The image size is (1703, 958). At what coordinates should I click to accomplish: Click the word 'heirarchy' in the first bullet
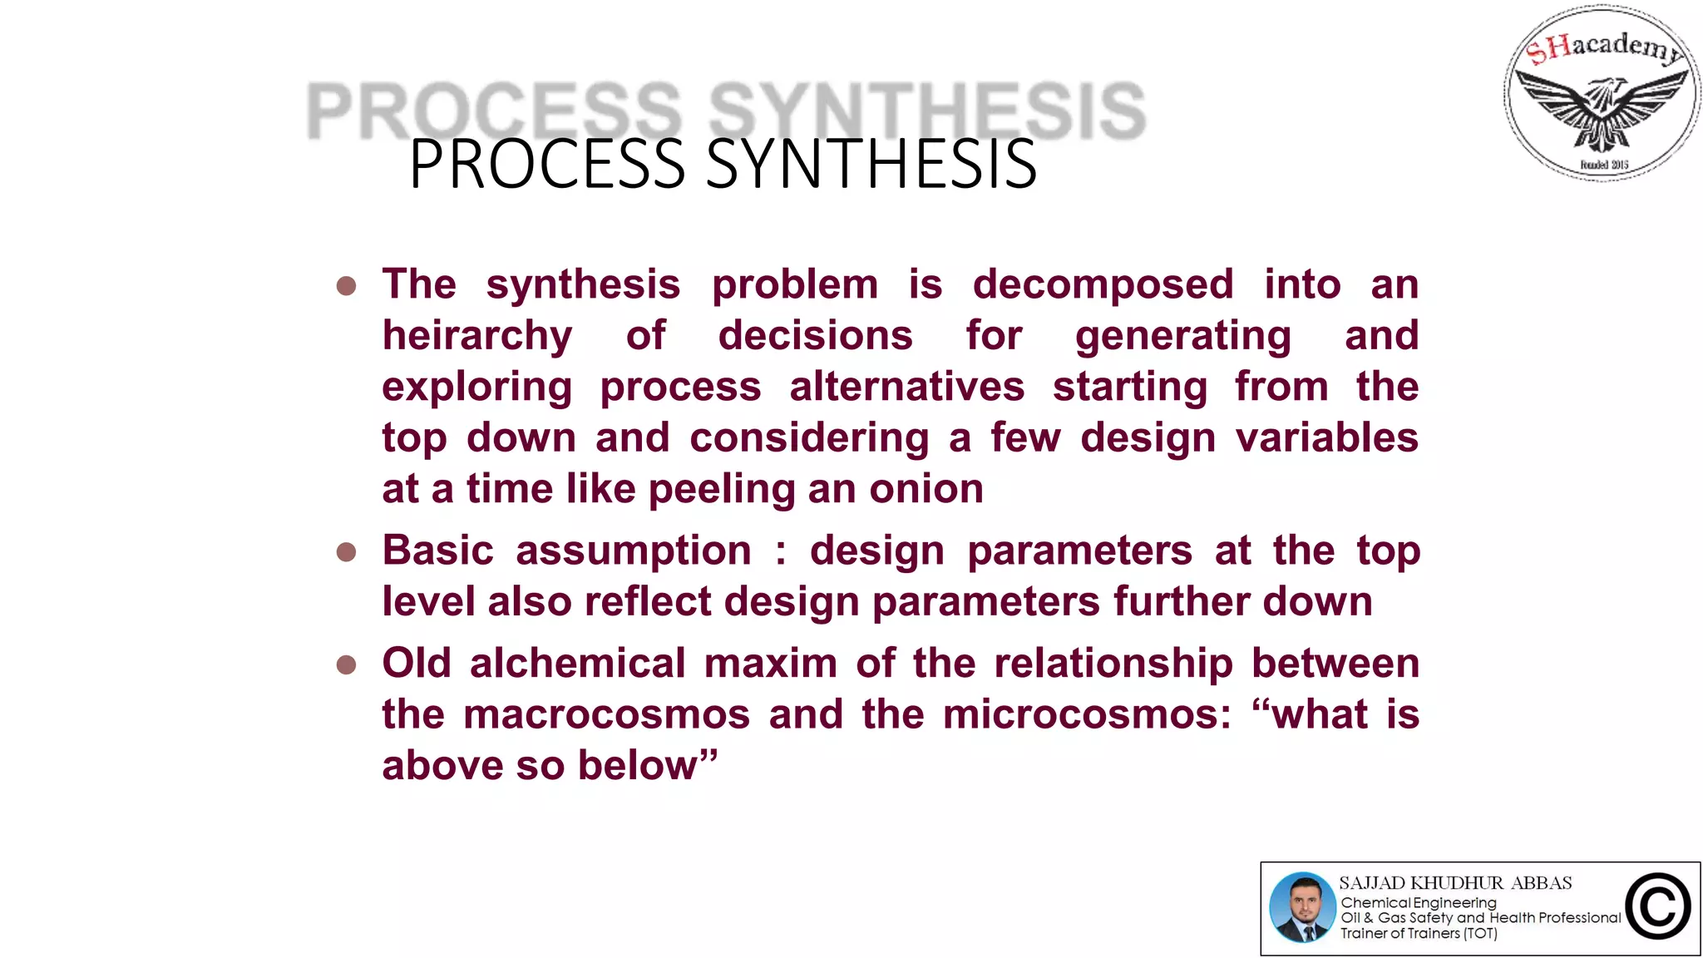(x=476, y=337)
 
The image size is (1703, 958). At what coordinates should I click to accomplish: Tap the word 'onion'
(x=926, y=489)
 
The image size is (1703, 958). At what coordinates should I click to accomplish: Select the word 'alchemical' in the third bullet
(x=576, y=664)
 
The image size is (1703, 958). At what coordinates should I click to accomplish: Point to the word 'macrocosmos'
(x=606, y=715)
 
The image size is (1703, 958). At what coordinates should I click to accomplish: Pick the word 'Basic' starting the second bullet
(x=437, y=551)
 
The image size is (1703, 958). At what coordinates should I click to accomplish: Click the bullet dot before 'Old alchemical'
(x=347, y=665)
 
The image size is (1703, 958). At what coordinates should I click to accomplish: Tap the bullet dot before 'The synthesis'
(x=347, y=287)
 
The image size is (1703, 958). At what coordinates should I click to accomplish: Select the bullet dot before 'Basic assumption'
(x=347, y=553)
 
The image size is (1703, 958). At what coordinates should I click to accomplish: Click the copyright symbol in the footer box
(x=1657, y=907)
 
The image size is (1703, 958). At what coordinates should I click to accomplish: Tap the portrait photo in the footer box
(x=1302, y=907)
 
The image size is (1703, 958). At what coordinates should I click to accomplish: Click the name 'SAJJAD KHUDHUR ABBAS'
(x=1455, y=883)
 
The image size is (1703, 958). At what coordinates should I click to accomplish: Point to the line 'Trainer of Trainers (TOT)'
(x=1419, y=934)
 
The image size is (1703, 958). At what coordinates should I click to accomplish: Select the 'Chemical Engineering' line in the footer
(x=1418, y=903)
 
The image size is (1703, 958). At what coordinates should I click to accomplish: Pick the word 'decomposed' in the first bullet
(x=1103, y=285)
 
